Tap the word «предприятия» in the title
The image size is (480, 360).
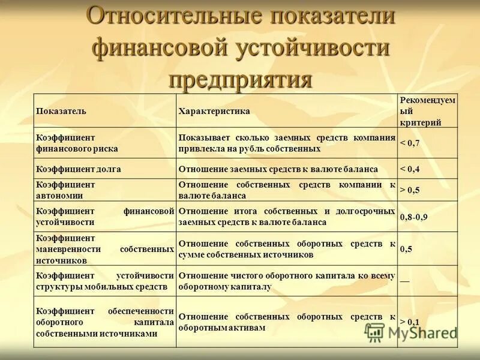(x=241, y=78)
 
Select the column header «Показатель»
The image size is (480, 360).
(x=61, y=111)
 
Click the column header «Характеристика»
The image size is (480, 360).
(x=214, y=111)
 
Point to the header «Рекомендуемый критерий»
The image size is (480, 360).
(x=428, y=111)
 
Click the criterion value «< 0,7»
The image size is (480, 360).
(x=410, y=143)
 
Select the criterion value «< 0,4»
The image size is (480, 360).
(x=410, y=169)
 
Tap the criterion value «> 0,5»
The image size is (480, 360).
(x=410, y=190)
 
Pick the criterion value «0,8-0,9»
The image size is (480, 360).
(x=414, y=217)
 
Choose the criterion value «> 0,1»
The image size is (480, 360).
(x=410, y=322)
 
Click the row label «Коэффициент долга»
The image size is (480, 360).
(x=79, y=169)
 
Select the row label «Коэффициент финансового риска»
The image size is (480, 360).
(x=77, y=143)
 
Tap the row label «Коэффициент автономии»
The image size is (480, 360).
(x=66, y=190)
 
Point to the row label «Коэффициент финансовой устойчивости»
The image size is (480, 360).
(x=105, y=217)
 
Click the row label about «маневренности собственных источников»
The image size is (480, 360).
(x=105, y=248)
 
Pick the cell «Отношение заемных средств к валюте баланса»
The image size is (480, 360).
(x=278, y=169)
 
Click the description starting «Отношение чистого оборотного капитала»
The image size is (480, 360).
(x=286, y=281)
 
